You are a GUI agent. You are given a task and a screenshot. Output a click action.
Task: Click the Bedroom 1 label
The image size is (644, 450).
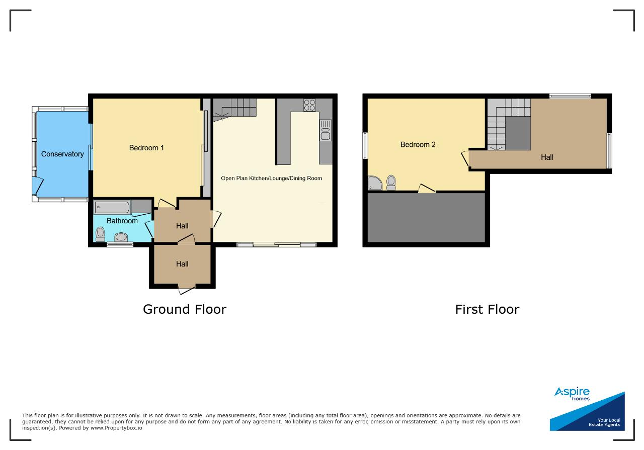click(x=146, y=148)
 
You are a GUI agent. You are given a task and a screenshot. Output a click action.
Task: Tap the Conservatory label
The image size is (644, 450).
click(x=62, y=154)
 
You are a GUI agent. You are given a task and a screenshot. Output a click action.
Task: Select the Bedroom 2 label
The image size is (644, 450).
click(x=418, y=144)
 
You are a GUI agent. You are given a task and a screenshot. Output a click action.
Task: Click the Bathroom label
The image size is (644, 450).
click(x=122, y=221)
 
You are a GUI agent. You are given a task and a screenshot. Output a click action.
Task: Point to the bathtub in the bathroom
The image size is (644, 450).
click(x=112, y=207)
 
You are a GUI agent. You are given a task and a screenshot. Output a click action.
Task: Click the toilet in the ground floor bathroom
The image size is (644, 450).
click(x=100, y=234)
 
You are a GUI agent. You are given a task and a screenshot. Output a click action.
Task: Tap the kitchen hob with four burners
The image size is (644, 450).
click(x=309, y=105)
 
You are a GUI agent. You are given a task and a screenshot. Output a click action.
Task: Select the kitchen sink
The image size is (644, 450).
click(x=326, y=130)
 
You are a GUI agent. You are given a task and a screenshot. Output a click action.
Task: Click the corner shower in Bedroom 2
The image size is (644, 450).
click(x=375, y=183)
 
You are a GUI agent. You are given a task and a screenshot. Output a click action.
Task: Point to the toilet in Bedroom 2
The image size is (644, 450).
click(x=391, y=183)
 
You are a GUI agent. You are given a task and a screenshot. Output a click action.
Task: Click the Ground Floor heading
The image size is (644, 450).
click(x=185, y=310)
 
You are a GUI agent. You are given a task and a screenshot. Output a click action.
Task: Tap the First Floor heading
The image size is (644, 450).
click(x=488, y=310)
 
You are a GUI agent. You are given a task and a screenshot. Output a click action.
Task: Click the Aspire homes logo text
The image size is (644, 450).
click(x=572, y=394)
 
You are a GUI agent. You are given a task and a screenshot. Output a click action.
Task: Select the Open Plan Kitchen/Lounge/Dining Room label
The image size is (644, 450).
click(x=271, y=178)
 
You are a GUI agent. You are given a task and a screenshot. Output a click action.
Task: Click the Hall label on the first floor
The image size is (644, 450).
click(x=547, y=157)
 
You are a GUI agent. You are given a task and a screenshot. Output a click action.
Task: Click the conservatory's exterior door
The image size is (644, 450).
click(x=37, y=185)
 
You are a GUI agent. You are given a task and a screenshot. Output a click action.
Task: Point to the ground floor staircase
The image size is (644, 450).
click(x=234, y=110)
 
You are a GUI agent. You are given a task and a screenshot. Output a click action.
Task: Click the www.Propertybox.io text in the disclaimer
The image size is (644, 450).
click(x=116, y=428)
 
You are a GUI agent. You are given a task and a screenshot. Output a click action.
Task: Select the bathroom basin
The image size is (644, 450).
click(x=121, y=237)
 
